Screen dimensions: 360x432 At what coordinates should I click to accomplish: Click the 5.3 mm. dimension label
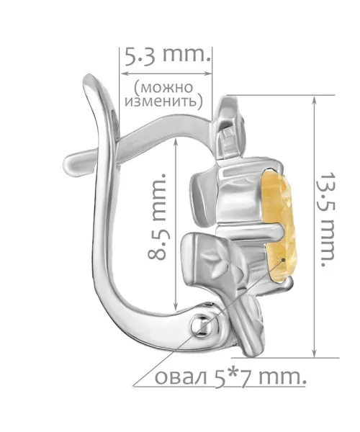tap(167, 56)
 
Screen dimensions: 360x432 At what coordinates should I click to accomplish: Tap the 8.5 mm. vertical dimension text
tap(158, 216)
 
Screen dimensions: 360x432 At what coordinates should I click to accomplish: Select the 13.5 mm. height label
tap(327, 220)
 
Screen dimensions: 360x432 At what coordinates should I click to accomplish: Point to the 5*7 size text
tap(231, 377)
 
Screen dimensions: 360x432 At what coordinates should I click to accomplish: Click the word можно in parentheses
tap(163, 88)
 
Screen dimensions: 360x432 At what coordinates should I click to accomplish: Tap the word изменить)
tap(164, 102)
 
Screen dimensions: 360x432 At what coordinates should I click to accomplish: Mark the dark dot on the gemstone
tap(283, 259)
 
